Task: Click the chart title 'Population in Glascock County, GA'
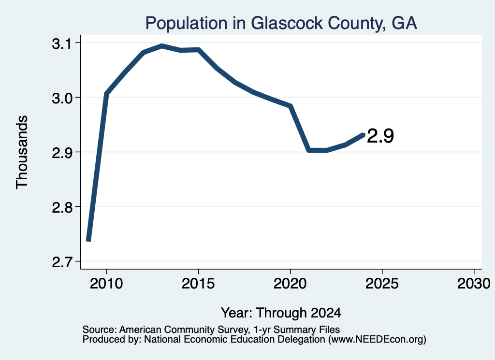click(x=281, y=23)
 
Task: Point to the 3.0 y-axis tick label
click(x=62, y=98)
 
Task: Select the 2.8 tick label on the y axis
click(x=62, y=208)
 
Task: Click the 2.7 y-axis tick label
click(x=62, y=262)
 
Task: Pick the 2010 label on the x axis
click(x=106, y=284)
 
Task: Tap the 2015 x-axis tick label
click(x=198, y=284)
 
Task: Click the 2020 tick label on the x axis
click(x=290, y=284)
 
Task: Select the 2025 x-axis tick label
click(x=382, y=284)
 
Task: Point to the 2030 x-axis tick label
click(x=474, y=284)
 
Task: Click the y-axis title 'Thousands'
click(x=22, y=152)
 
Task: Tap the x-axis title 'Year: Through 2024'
click(x=281, y=313)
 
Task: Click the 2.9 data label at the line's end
click(x=380, y=136)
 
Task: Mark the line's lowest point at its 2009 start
click(x=89, y=241)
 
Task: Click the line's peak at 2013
click(x=162, y=46)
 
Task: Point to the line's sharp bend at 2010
click(x=106, y=94)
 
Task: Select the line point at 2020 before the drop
click(x=291, y=106)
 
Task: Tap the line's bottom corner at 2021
click(x=309, y=150)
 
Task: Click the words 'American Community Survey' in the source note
click(x=183, y=330)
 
